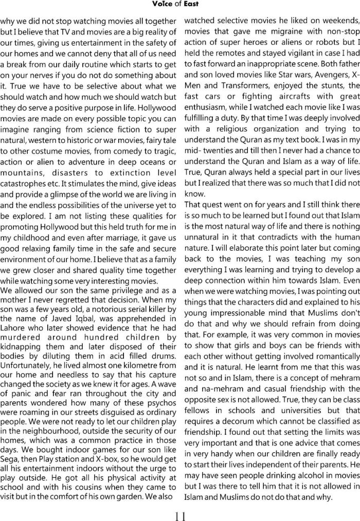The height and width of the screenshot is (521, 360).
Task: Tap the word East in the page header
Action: [x=190, y=4]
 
